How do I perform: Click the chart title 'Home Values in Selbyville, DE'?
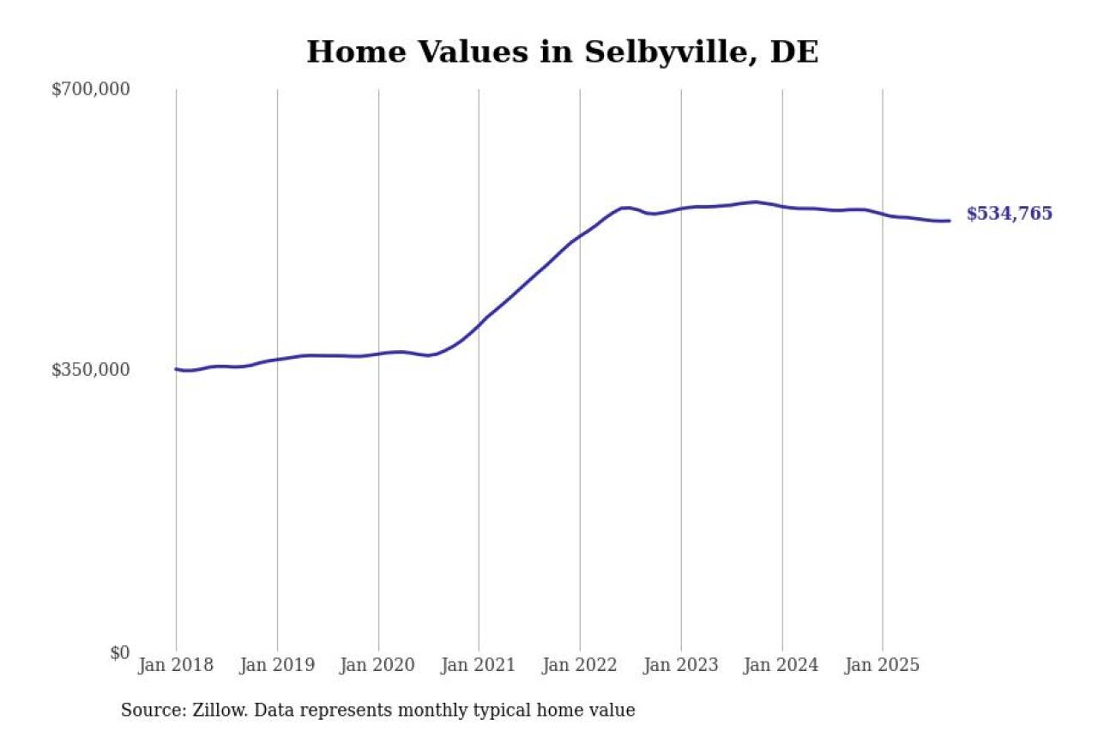(x=562, y=52)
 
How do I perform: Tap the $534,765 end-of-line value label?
(x=1009, y=215)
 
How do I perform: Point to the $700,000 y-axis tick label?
(x=91, y=89)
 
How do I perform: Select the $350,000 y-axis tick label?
(x=91, y=370)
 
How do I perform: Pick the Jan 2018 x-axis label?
(x=176, y=665)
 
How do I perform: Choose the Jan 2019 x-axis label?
(x=277, y=665)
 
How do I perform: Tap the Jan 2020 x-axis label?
(x=378, y=665)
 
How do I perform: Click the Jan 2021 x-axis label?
(x=479, y=665)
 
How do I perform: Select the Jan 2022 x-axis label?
(x=580, y=665)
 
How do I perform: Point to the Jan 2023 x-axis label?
(x=681, y=665)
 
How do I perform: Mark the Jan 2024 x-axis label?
(x=781, y=665)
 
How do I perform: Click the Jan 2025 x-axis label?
(x=883, y=665)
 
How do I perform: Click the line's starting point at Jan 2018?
(x=177, y=369)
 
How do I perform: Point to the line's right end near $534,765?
(x=949, y=221)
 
